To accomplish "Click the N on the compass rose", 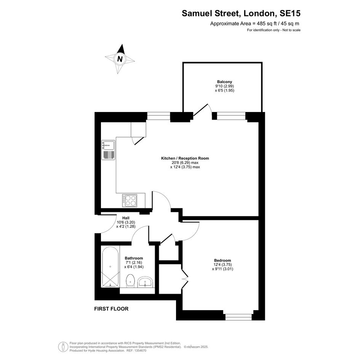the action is tap(120, 59).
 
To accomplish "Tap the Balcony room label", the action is tap(224, 82).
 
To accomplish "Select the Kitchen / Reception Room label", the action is tap(185, 158).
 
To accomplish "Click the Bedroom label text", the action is tap(222, 260).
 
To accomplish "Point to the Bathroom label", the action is tap(134, 258).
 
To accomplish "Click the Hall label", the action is tap(126, 218).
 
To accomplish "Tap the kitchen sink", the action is tap(108, 150).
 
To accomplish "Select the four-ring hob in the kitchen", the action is tap(130, 201).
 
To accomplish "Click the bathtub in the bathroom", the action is tap(110, 267).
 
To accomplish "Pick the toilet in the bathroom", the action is tap(130, 280).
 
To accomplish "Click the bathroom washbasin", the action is tap(145, 282).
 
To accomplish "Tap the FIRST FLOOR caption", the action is tap(111, 309).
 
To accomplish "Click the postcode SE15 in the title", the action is tap(290, 13).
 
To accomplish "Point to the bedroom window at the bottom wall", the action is tap(238, 317).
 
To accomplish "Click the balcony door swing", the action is tap(202, 110).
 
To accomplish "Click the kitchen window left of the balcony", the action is tap(158, 116).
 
